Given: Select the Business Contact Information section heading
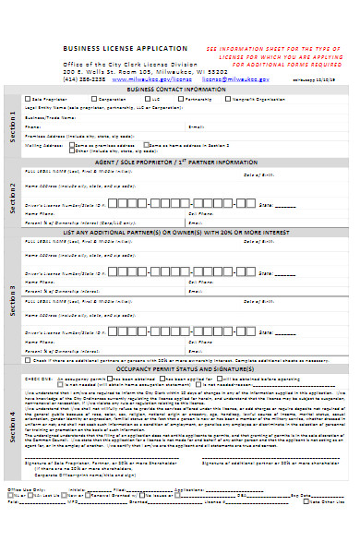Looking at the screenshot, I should point(180,90).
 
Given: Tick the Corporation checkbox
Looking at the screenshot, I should point(92,98).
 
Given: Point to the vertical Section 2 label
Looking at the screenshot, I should point(13,196).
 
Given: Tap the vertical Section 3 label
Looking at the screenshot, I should point(13,300).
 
